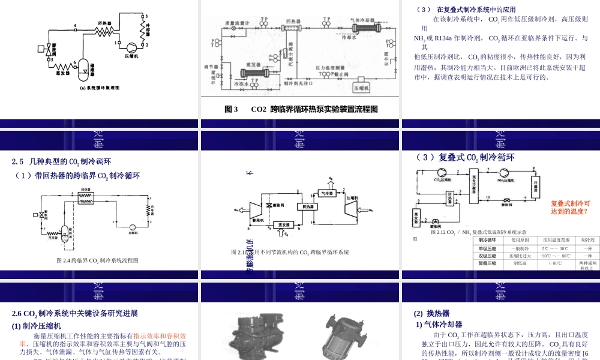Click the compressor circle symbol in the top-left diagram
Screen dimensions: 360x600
[130, 46]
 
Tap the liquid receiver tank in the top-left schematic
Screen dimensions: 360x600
[83, 67]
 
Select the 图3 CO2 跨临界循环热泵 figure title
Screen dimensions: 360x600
[301, 109]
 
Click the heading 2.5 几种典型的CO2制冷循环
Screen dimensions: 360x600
[62, 161]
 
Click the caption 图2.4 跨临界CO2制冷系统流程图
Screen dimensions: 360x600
[97, 260]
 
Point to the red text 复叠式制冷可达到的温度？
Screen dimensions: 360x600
[570, 208]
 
